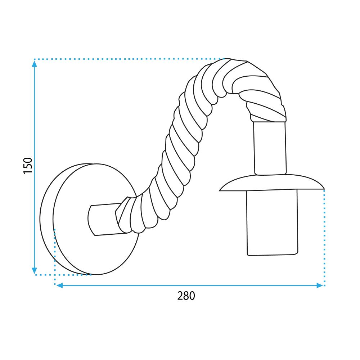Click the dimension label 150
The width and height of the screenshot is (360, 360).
coord(28,165)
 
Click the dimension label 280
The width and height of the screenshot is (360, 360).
coord(186,296)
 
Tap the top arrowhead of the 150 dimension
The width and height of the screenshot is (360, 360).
coord(35,64)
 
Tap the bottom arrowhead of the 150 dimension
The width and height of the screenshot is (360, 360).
coord(35,270)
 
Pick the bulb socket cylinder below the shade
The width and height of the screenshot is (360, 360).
coord(272,223)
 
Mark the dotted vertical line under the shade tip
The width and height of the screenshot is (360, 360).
coord(325,238)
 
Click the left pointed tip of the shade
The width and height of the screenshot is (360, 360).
coord(221,189)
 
